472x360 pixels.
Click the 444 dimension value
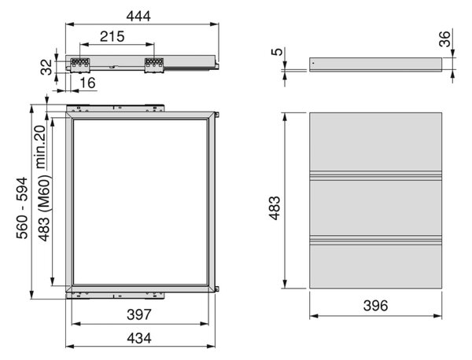138,16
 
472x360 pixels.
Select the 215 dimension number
112,36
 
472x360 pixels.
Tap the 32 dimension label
47,67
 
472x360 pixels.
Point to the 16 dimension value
88,83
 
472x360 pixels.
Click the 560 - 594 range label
22,208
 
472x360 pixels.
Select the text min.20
40,147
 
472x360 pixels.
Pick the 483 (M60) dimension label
44,208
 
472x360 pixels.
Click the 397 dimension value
138,314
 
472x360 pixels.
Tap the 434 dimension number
138,338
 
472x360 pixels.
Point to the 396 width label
376,306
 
